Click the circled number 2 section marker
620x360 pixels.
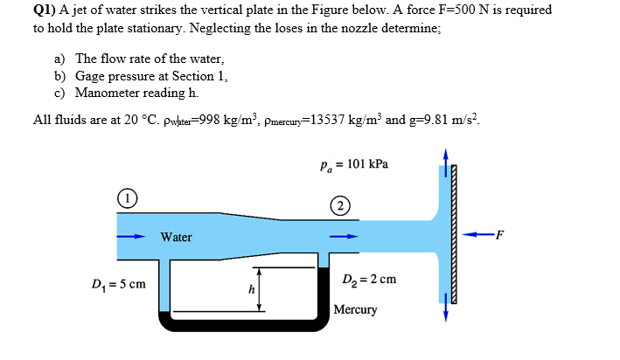click(x=339, y=206)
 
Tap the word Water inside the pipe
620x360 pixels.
click(x=176, y=237)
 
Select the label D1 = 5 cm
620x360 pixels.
click(x=118, y=285)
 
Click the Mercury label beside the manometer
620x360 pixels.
click(x=356, y=309)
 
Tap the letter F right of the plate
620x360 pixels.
click(x=500, y=232)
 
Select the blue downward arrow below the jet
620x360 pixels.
click(x=446, y=306)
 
